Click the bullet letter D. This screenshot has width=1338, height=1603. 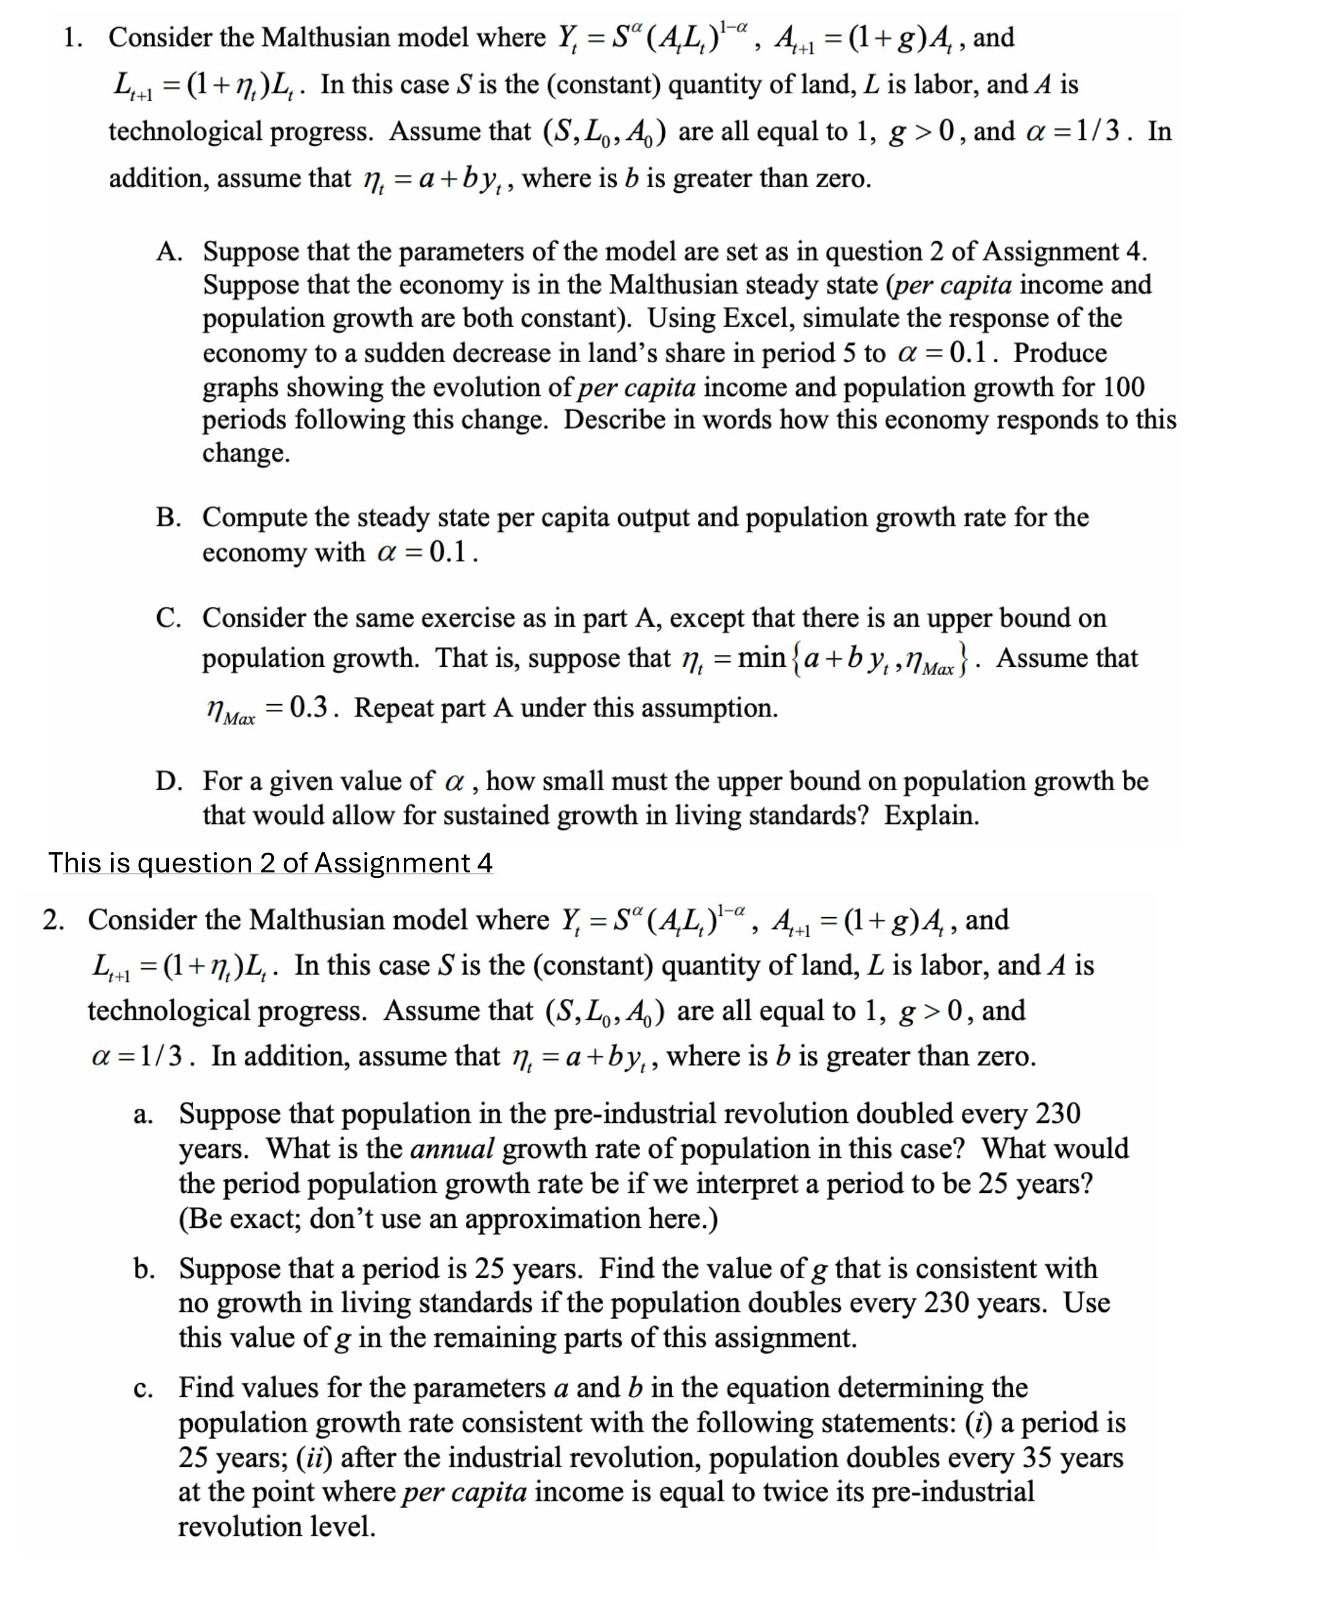coord(168,781)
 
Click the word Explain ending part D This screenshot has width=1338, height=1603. coord(931,816)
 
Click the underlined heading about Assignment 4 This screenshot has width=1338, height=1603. coord(271,863)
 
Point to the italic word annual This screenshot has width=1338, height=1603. coord(452,1148)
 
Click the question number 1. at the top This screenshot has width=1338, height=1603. coord(73,37)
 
